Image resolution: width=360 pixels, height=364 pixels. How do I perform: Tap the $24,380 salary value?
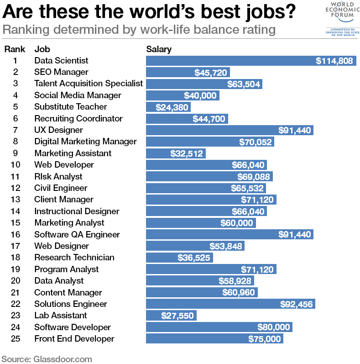171,107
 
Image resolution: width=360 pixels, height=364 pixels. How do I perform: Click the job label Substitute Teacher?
71,107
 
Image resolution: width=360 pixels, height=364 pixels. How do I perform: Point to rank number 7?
15,130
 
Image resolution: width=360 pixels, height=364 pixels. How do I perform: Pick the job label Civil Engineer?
61,188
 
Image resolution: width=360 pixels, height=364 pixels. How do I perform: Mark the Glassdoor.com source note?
47,359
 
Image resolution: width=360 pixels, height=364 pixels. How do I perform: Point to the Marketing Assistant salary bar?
176,153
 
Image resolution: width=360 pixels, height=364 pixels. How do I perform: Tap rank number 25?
15,339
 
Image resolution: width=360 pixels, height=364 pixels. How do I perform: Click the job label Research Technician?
74,258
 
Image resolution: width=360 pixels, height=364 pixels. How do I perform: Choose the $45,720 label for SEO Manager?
209,72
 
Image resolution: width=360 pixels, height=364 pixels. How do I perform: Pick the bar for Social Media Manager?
183,95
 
